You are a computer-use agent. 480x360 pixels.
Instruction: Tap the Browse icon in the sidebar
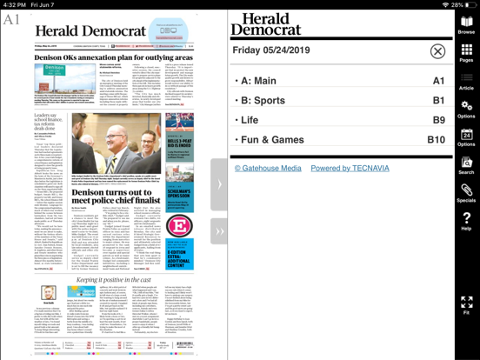point(466,24)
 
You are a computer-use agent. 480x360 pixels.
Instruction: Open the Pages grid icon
point(466,53)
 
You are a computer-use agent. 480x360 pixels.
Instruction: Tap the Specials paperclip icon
point(466,192)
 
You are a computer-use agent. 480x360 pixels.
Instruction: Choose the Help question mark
point(466,220)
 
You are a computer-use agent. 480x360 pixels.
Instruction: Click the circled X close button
point(437,52)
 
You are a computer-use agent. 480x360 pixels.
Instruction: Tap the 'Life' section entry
point(250,120)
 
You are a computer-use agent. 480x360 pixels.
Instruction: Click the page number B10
point(436,139)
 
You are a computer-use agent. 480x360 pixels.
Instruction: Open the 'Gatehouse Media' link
point(268,168)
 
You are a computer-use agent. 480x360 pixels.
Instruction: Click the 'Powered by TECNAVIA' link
point(350,168)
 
